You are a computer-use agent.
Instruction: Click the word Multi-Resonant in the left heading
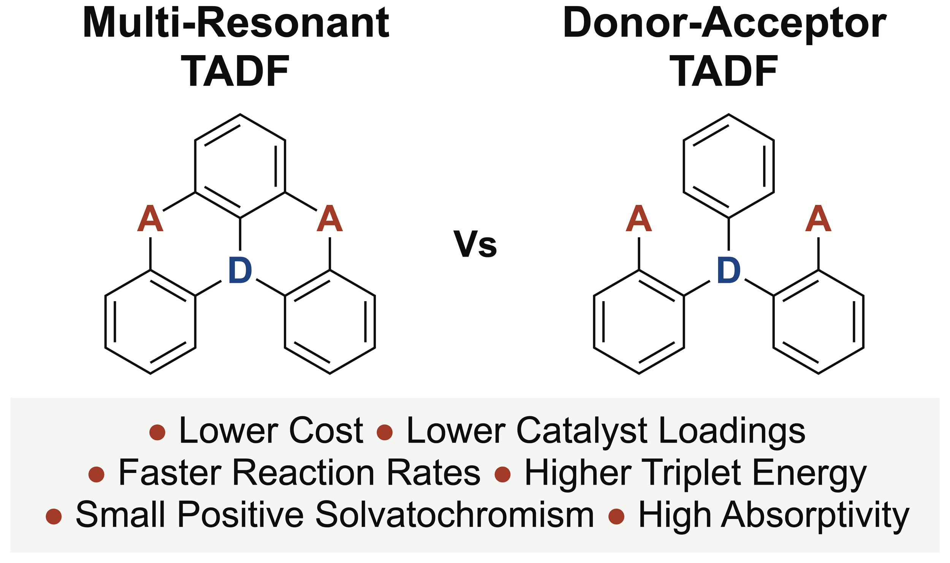click(x=236, y=24)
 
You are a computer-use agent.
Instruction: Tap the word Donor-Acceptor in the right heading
click(x=724, y=24)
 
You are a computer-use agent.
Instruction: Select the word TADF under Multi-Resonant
click(x=236, y=71)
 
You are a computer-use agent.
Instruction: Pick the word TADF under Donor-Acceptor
click(x=724, y=71)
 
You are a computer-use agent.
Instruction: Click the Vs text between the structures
click(x=475, y=244)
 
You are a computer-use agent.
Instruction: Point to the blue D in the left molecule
click(x=240, y=270)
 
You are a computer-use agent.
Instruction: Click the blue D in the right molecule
click(x=728, y=270)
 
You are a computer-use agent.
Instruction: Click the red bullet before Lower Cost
click(x=157, y=432)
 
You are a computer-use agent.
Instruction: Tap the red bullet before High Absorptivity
click(x=616, y=517)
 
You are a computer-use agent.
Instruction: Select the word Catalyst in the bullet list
click(x=581, y=431)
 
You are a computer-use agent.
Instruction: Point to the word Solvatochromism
click(x=454, y=515)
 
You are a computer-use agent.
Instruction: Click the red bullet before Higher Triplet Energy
click(x=502, y=474)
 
